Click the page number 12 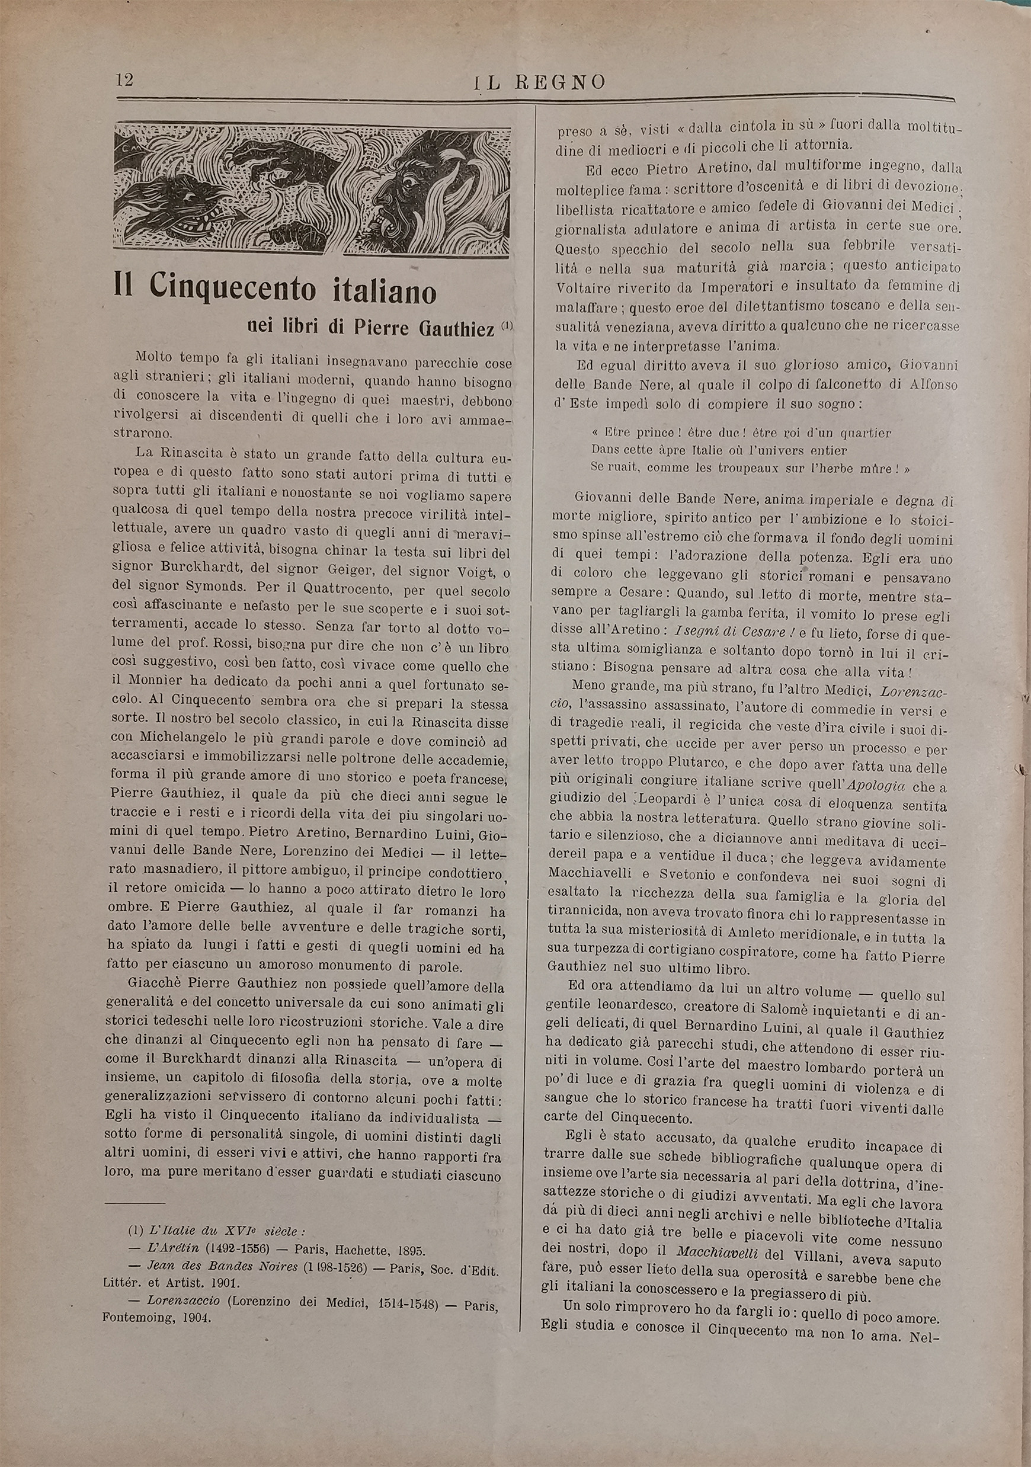point(124,79)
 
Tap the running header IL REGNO point(540,82)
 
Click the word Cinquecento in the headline point(232,288)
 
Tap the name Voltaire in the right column point(582,286)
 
